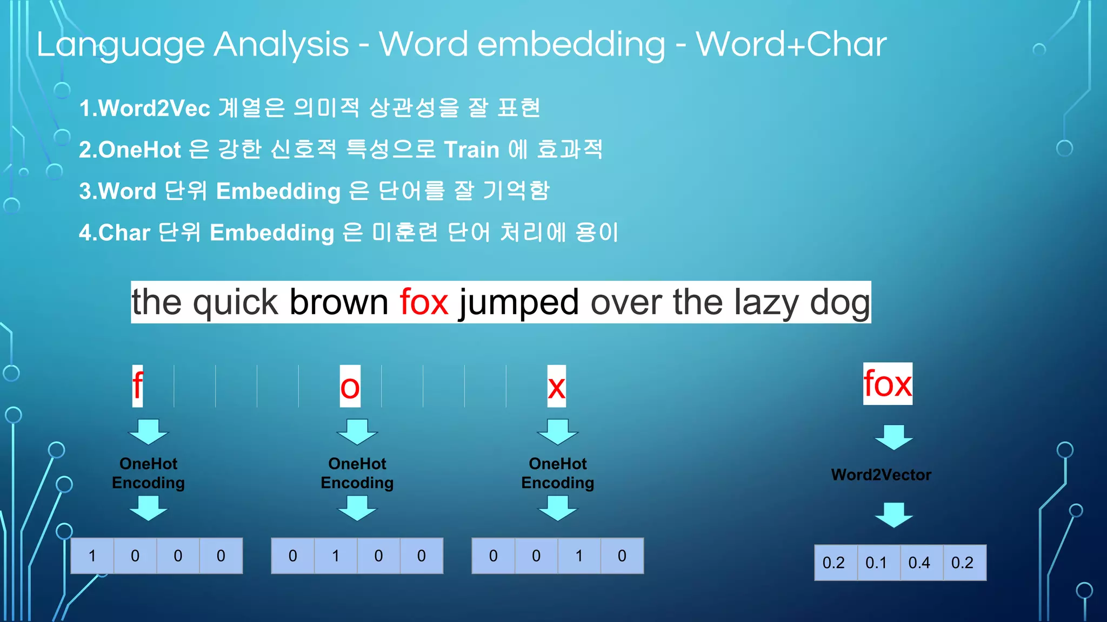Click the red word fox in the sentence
pyautogui.click(x=424, y=302)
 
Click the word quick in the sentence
pyautogui.click(x=235, y=302)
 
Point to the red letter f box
pyautogui.click(x=138, y=386)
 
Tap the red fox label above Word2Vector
pyautogui.click(x=887, y=383)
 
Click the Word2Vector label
pyautogui.click(x=881, y=475)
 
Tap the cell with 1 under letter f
pyautogui.click(x=92, y=556)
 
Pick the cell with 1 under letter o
pyautogui.click(x=336, y=556)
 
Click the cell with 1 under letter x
pyautogui.click(x=579, y=556)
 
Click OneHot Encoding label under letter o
pyautogui.click(x=357, y=473)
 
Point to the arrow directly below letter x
pyautogui.click(x=557, y=431)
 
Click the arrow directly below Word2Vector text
pyautogui.click(x=893, y=515)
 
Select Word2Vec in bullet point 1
pyautogui.click(x=154, y=109)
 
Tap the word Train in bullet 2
pyautogui.click(x=471, y=150)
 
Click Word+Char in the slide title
pyautogui.click(x=791, y=44)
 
